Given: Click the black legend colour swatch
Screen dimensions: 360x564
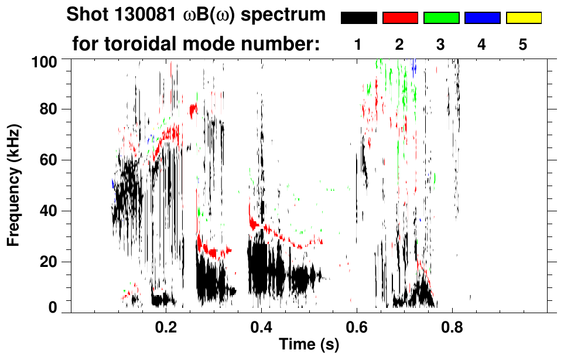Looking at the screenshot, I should pyautogui.click(x=359, y=18).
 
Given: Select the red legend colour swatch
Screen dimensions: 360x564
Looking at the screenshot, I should pyautogui.click(x=400, y=18).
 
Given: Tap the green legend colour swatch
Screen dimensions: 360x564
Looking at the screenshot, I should pyautogui.click(x=441, y=18).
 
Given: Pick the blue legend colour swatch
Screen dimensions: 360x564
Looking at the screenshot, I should pyautogui.click(x=482, y=18).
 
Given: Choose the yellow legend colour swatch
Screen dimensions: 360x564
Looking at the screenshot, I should pyautogui.click(x=523, y=18).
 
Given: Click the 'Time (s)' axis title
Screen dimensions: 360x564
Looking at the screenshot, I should pyautogui.click(x=308, y=345).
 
